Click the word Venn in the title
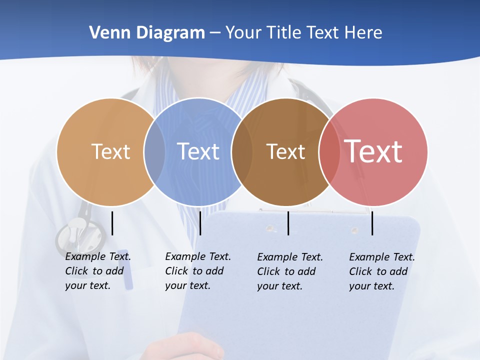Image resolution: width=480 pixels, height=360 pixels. pyautogui.click(x=106, y=33)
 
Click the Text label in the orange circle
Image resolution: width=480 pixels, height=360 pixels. pyautogui.click(x=110, y=151)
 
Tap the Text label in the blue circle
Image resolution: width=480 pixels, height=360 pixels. pyautogui.click(x=198, y=151)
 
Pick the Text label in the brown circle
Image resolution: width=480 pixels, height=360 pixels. pyautogui.click(x=285, y=151)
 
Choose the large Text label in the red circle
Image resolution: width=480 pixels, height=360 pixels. pyautogui.click(x=373, y=151)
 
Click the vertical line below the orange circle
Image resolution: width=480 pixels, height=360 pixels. pyautogui.click(x=112, y=223)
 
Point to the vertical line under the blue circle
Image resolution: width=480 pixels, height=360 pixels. pyautogui.click(x=200, y=223)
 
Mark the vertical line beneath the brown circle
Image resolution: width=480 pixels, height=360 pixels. pyautogui.click(x=288, y=223)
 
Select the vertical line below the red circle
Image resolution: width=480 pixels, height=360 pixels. pyautogui.click(x=372, y=223)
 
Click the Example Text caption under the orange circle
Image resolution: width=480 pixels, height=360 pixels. pyautogui.click(x=98, y=271)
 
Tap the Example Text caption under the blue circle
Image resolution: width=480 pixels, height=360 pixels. pyautogui.click(x=198, y=271)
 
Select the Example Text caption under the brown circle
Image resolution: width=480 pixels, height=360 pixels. pyautogui.click(x=290, y=271)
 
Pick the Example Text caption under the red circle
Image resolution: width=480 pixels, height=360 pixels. pyautogui.click(x=382, y=271)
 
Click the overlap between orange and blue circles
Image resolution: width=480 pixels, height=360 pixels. pyautogui.click(x=154, y=152)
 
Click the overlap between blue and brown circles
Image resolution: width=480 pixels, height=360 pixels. pyautogui.click(x=242, y=152)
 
